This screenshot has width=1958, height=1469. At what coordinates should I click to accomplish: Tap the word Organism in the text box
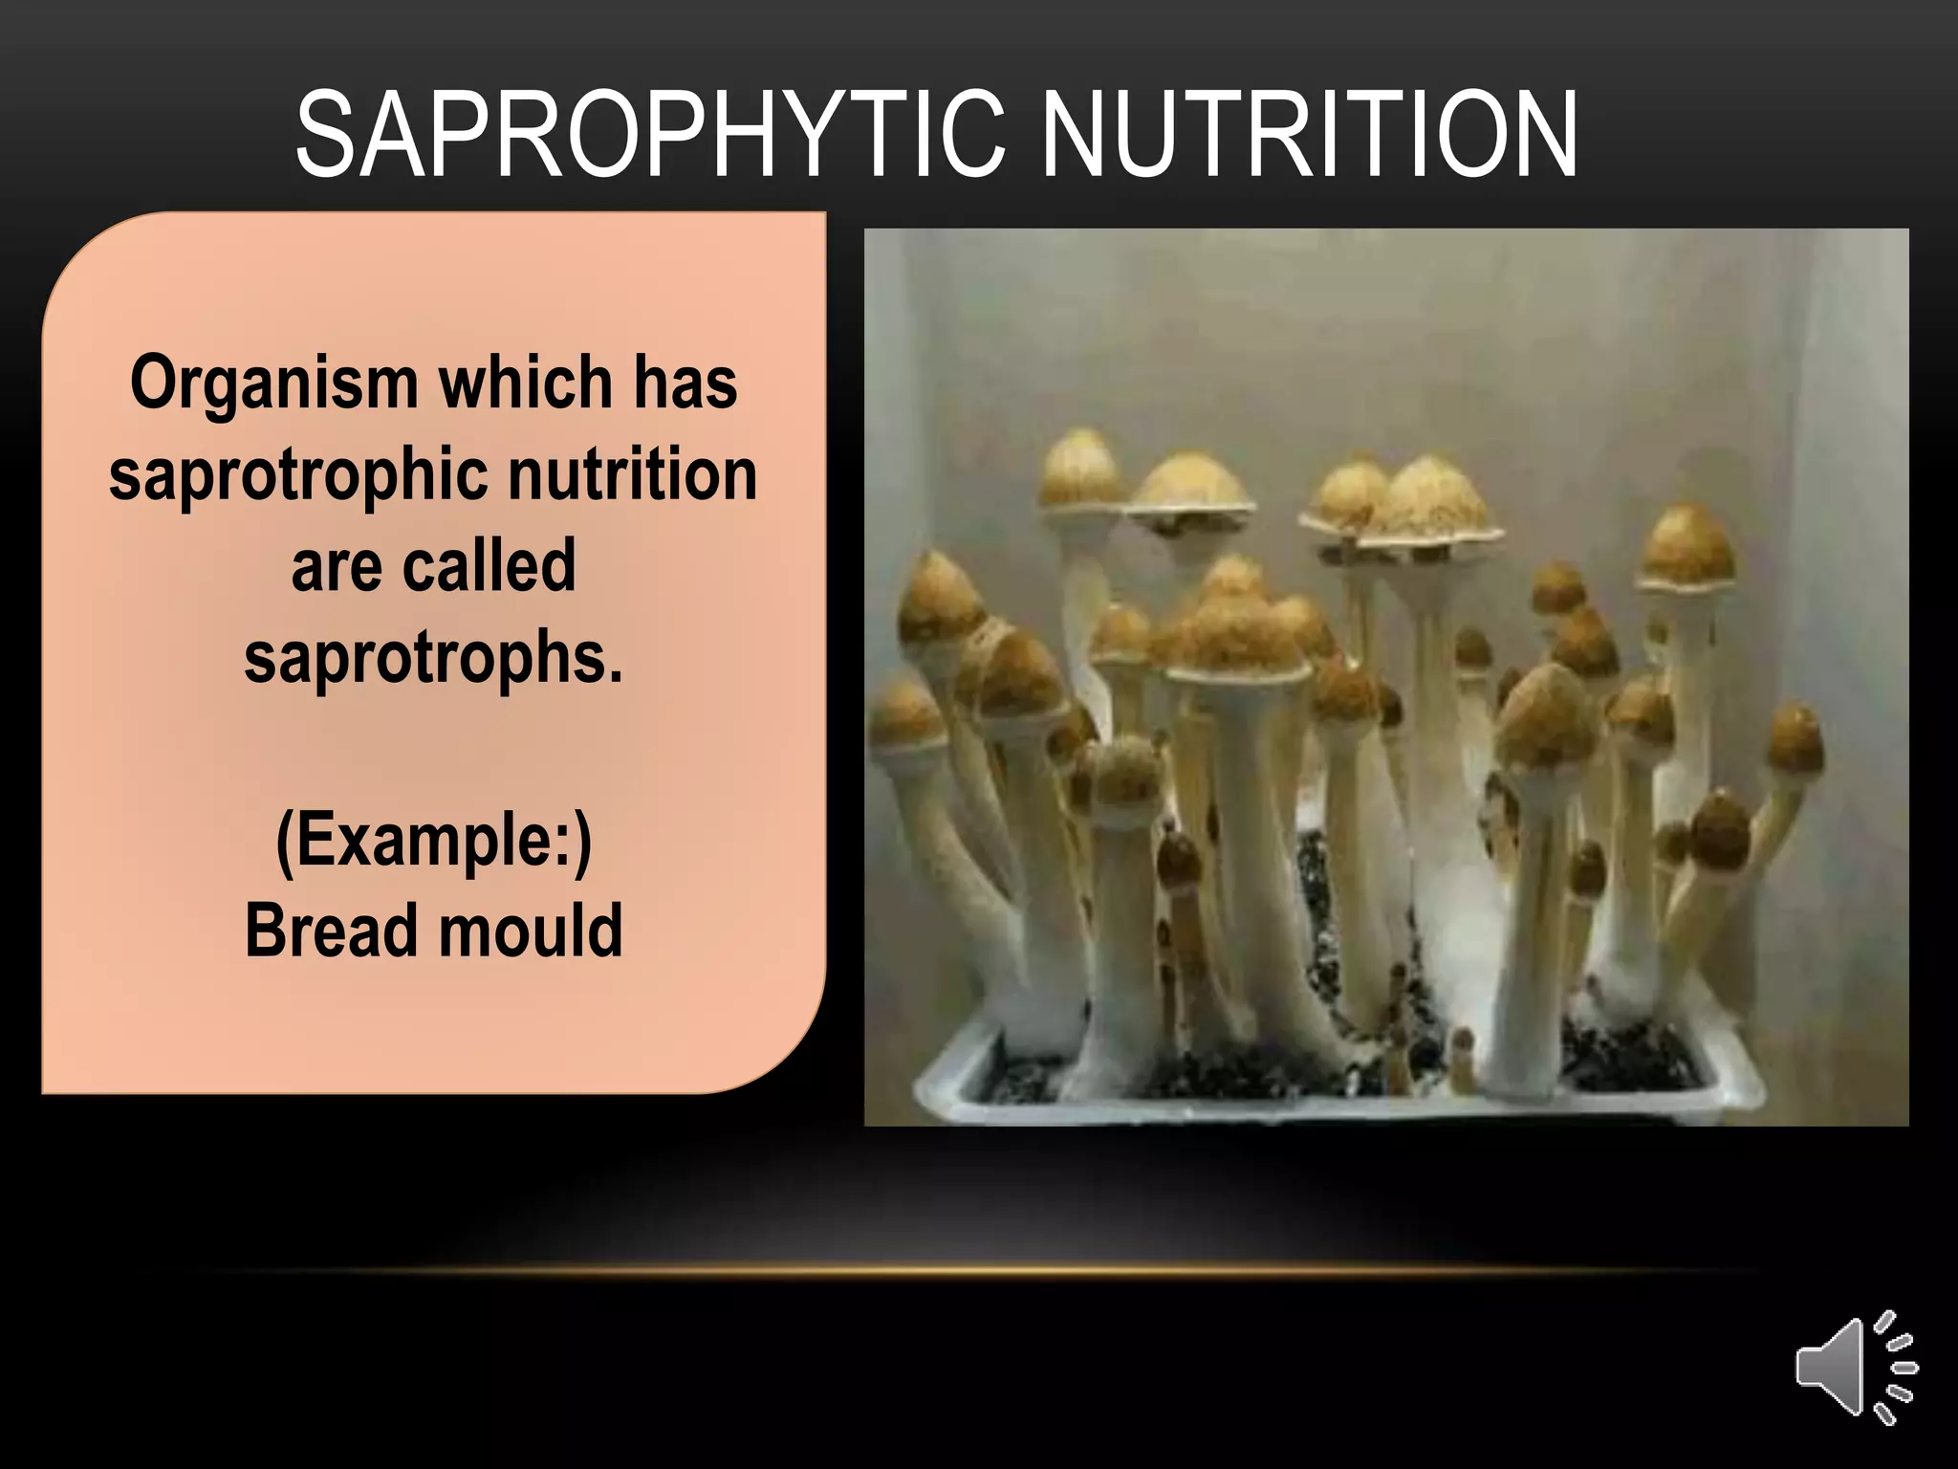273,384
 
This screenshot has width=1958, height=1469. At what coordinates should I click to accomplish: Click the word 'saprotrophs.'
433,659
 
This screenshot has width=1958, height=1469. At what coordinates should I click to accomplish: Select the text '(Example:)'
433,841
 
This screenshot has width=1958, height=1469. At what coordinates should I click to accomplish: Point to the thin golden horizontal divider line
979,1271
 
